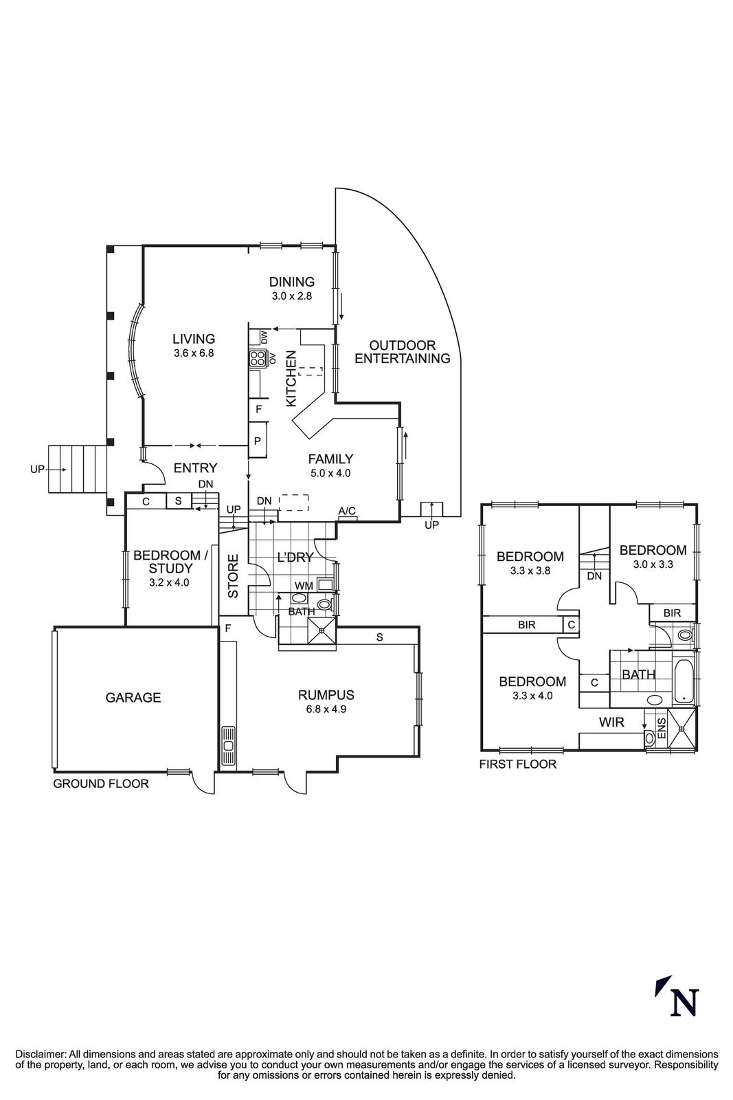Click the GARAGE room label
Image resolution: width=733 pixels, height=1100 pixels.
[x=133, y=698]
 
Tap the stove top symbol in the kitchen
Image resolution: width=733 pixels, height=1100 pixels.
[x=258, y=358]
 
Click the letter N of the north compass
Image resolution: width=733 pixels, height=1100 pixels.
[x=684, y=1002]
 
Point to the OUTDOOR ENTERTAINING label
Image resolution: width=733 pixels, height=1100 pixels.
[x=403, y=352]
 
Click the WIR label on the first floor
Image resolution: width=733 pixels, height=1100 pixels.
[x=611, y=723]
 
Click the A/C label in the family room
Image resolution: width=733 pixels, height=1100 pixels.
[x=347, y=511]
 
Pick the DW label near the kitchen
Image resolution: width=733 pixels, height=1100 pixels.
[x=264, y=337]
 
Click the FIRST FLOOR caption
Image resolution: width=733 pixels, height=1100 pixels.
[x=517, y=764]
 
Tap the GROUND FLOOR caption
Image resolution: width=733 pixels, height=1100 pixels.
[x=101, y=784]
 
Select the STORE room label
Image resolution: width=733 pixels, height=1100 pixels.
[x=233, y=576]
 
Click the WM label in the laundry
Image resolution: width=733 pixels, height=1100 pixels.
[x=303, y=586]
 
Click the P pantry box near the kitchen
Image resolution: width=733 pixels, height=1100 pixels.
[x=258, y=441]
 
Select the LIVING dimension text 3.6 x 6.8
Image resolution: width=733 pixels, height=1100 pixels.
[x=194, y=353]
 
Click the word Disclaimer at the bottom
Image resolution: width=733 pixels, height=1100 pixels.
[x=39, y=1054]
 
